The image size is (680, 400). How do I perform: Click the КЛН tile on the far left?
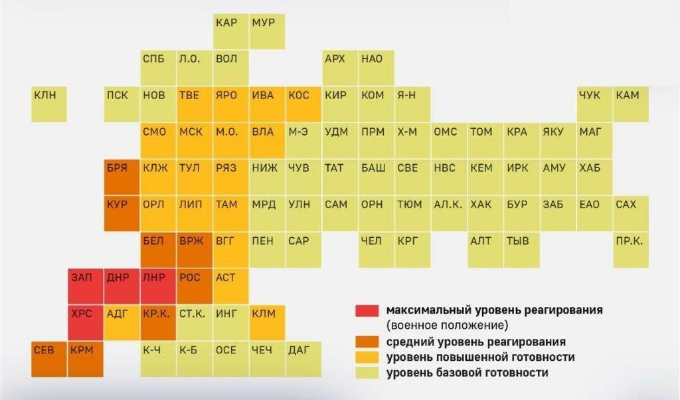(x=49, y=104)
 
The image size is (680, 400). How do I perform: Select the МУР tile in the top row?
(x=268, y=32)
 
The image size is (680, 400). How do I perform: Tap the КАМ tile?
(x=631, y=104)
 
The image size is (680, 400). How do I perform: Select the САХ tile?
(x=631, y=214)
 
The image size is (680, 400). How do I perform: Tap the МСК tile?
(x=195, y=141)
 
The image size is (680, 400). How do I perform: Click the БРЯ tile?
(x=122, y=177)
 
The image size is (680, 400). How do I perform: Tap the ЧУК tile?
(x=594, y=104)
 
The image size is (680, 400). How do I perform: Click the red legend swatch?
(x=367, y=311)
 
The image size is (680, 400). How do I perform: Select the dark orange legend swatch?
(x=367, y=342)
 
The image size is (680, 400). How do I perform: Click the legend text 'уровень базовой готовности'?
(x=467, y=373)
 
